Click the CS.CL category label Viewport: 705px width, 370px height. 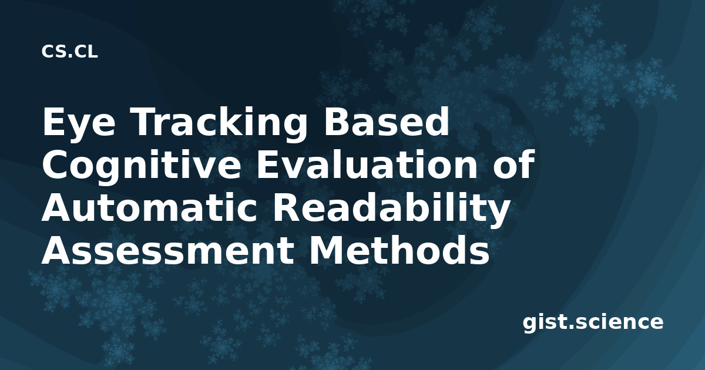click(69, 52)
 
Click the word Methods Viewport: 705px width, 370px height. click(399, 250)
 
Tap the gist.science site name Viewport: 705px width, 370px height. click(593, 323)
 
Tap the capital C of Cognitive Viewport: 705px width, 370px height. click(54, 164)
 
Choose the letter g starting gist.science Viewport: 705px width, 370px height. click(530, 324)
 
